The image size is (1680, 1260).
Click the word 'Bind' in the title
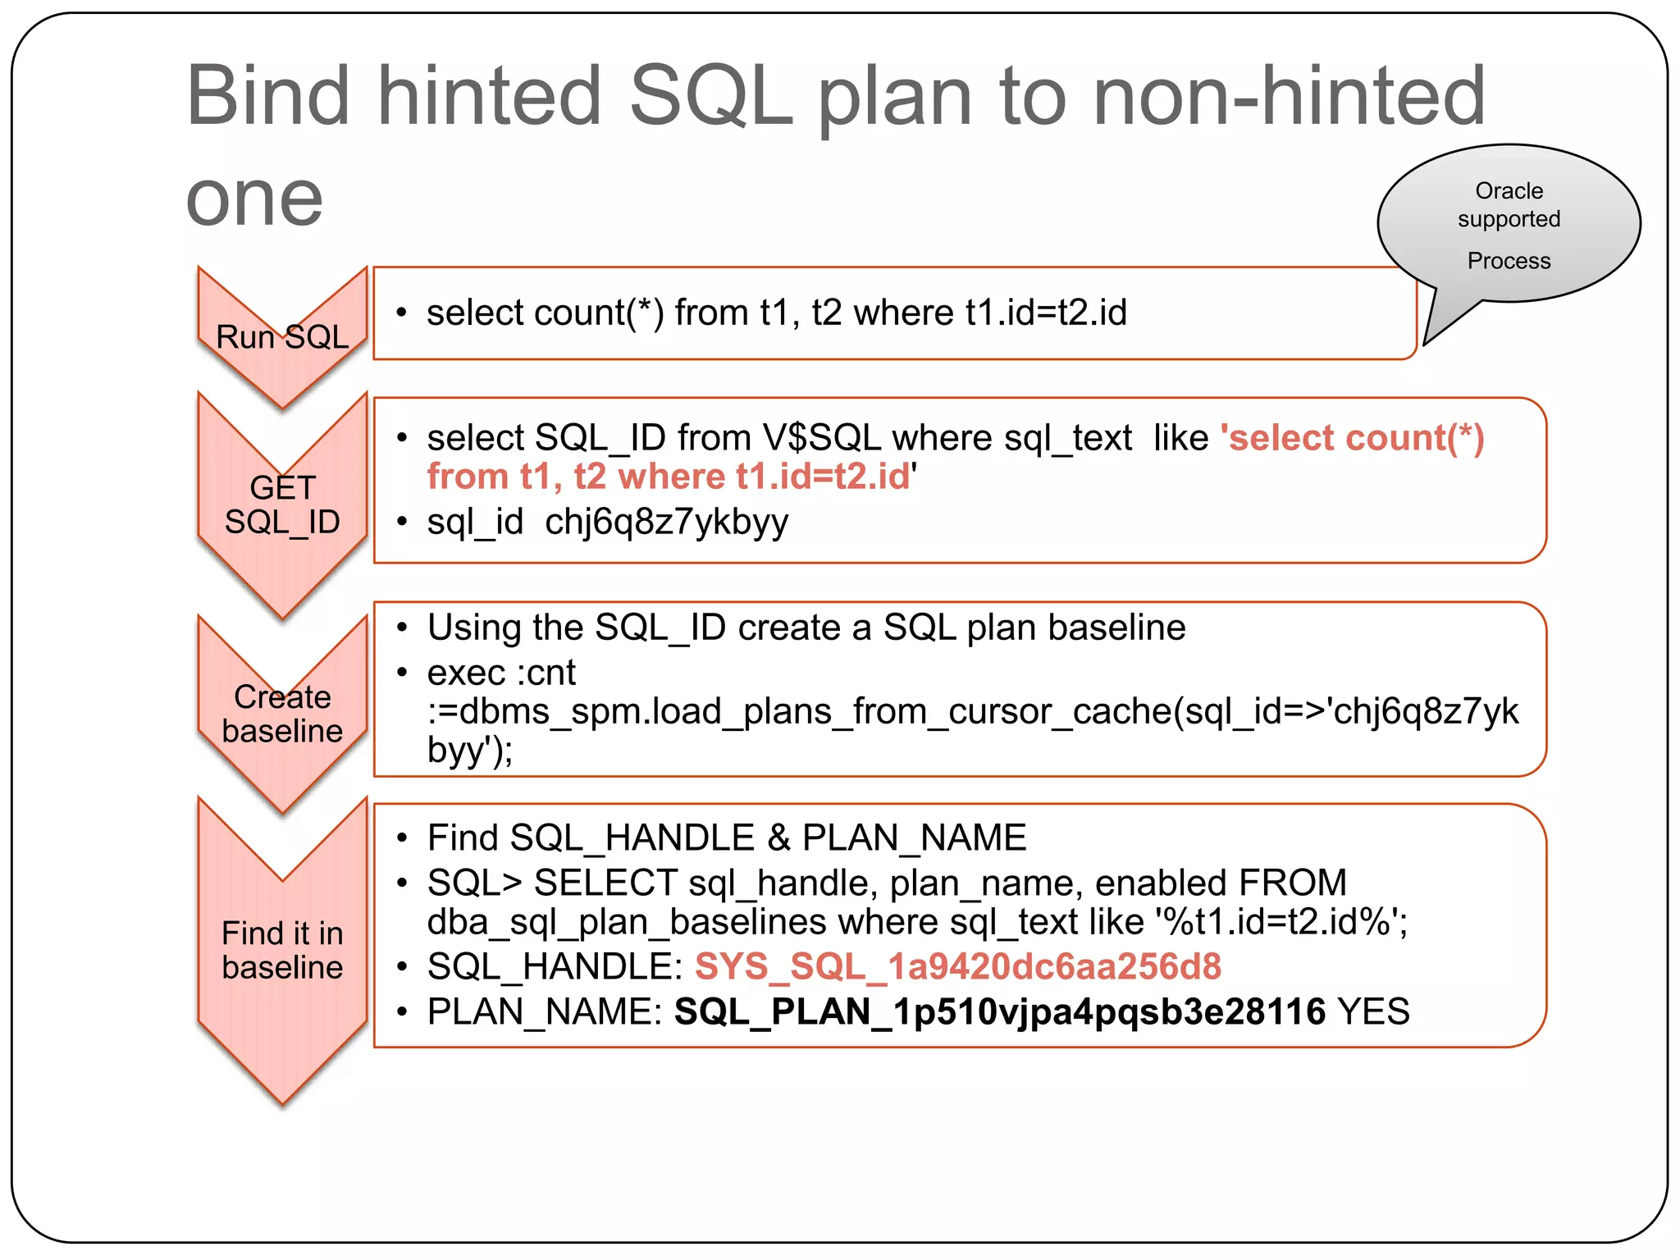(268, 96)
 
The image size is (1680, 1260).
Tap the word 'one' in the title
(254, 199)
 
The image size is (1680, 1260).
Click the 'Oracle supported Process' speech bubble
(1508, 224)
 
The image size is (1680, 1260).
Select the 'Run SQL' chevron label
(282, 337)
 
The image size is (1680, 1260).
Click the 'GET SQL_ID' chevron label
(282, 504)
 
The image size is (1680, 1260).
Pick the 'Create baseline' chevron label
(282, 714)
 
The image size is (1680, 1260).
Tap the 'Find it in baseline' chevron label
(282, 950)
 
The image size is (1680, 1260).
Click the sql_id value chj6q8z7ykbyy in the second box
(666, 522)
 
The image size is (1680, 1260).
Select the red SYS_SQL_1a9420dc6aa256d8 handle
(957, 966)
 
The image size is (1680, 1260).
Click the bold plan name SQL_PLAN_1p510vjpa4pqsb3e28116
(999, 1011)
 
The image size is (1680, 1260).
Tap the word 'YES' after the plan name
(1373, 1011)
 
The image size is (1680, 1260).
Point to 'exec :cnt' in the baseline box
(501, 673)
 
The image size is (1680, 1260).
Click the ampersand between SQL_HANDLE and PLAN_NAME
(778, 838)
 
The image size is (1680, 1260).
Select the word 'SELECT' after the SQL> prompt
(605, 883)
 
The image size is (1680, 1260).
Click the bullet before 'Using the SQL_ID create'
(402, 628)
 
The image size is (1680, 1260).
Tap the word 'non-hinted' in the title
(1289, 96)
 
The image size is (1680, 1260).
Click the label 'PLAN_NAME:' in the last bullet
(544, 1011)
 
